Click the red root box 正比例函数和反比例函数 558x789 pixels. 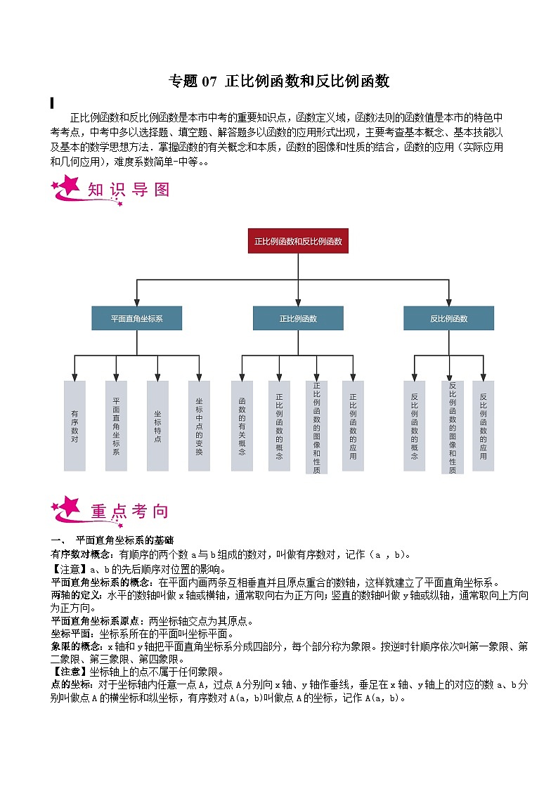tap(299, 241)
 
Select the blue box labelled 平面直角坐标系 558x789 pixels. tap(136, 318)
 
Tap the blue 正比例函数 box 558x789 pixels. tap(298, 318)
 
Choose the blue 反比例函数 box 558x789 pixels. tap(448, 318)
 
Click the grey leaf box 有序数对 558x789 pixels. tap(74, 426)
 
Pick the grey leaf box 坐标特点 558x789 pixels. tap(157, 426)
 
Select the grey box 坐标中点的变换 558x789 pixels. tap(199, 426)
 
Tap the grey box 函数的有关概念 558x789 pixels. tap(242, 426)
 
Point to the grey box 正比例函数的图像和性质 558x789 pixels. tap(316, 426)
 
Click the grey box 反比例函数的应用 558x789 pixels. tap(484, 426)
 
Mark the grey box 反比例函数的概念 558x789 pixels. tap(414, 426)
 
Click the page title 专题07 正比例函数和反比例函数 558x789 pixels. tap(279, 81)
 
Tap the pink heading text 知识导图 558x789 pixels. tap(129, 190)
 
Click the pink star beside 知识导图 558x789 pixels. tap(69, 188)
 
